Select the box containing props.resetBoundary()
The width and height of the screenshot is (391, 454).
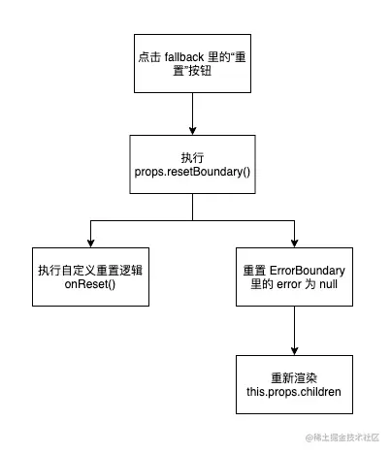194,163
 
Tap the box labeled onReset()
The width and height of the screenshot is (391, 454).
91,275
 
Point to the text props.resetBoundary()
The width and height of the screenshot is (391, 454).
194,172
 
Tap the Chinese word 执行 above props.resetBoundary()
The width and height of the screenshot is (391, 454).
194,156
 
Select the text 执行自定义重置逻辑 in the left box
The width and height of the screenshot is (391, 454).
91,268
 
